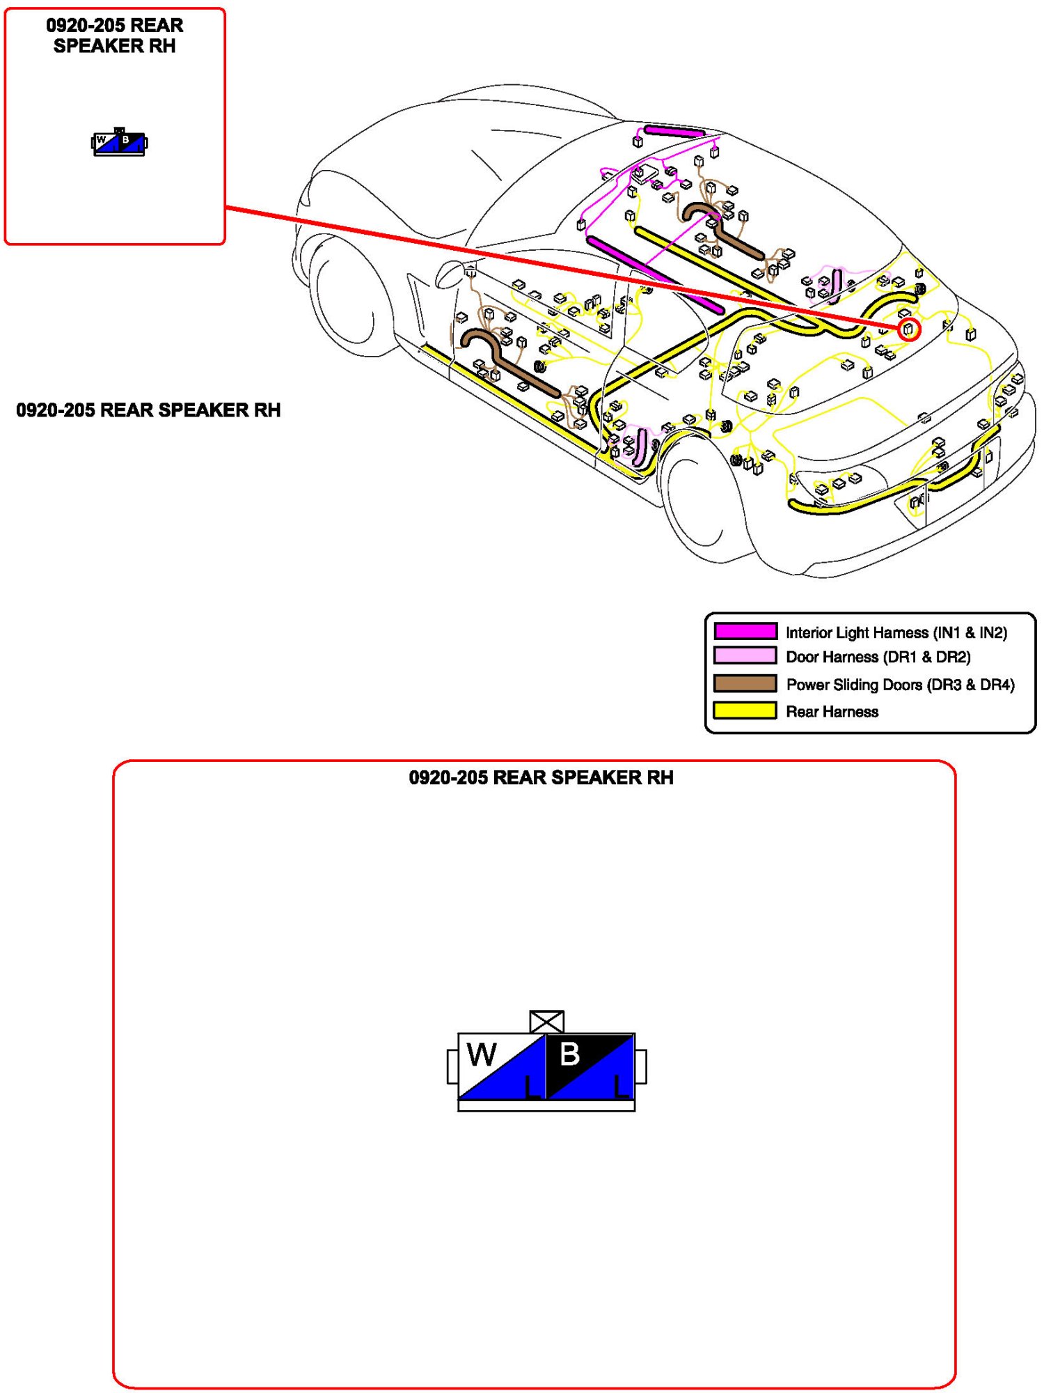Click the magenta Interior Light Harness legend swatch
[x=745, y=631]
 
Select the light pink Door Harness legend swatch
[x=745, y=655]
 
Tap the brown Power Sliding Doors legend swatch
[x=745, y=683]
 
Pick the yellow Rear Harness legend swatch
[x=745, y=710]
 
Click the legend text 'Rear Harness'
[x=832, y=712]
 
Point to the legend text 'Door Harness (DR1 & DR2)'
[x=878, y=657]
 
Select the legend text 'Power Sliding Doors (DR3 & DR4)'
[x=900, y=685]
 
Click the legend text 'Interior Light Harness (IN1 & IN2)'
[x=896, y=632]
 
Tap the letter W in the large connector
[x=482, y=1055]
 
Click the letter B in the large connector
[x=569, y=1054]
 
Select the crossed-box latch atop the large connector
[x=546, y=1022]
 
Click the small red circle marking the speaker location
[x=908, y=329]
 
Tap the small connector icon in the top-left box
[x=120, y=143]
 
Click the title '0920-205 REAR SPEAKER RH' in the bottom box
[x=541, y=777]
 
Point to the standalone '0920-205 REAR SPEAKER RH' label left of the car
[x=148, y=410]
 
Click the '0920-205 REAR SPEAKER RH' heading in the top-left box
[x=115, y=36]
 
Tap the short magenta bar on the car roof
[x=674, y=131]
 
